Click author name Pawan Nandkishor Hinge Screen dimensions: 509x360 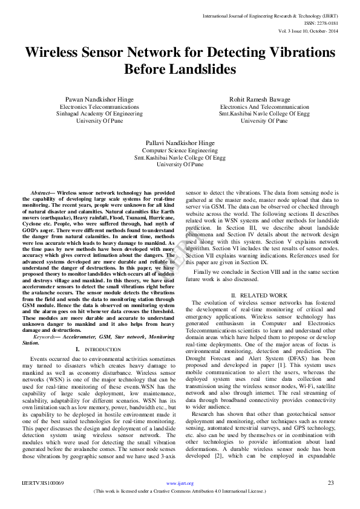100,99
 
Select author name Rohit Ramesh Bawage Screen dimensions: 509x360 264,99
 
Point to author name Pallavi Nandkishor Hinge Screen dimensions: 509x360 180,143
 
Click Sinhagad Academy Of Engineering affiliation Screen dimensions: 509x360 100,113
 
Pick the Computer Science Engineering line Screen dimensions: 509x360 180,150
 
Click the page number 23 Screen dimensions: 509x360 331,483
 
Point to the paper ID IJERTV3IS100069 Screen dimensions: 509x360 43,483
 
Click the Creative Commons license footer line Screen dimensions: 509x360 180,491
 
